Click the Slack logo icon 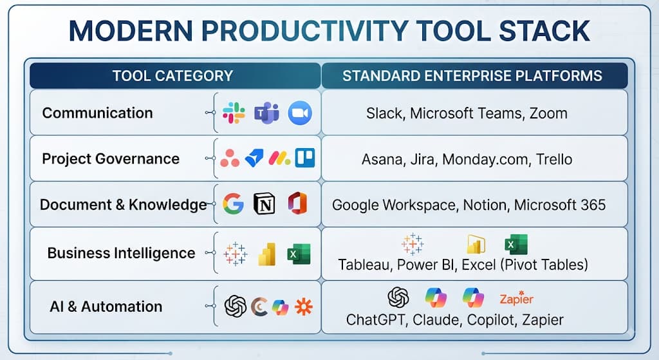(x=234, y=113)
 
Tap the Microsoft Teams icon (x=266, y=113)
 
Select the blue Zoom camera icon (x=300, y=113)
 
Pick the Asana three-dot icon (x=230, y=158)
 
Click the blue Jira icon (x=254, y=158)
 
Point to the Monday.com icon (x=279, y=158)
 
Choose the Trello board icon (x=304, y=158)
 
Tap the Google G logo (x=233, y=204)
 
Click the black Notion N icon (x=265, y=204)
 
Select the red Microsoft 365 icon (x=297, y=204)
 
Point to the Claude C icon (x=259, y=307)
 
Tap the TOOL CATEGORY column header (x=172, y=76)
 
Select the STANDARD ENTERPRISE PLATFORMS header (x=472, y=76)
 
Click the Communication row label (x=98, y=113)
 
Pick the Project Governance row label (x=111, y=158)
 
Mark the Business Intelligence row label (x=121, y=253)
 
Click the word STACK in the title (x=544, y=31)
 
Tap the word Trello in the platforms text (x=554, y=159)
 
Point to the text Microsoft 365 (x=560, y=205)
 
